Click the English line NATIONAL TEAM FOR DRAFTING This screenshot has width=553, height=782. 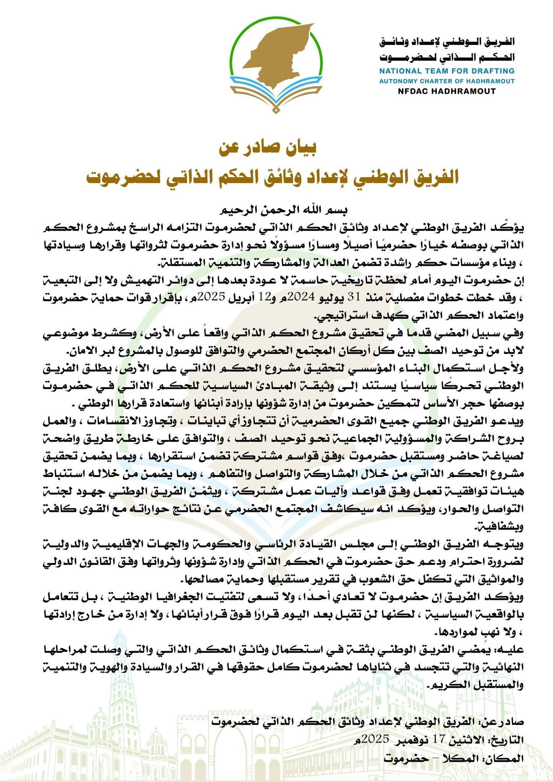(x=446, y=71)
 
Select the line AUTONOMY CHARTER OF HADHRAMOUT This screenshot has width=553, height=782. (x=446, y=81)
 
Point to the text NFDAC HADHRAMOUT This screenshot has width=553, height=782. (x=446, y=91)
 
